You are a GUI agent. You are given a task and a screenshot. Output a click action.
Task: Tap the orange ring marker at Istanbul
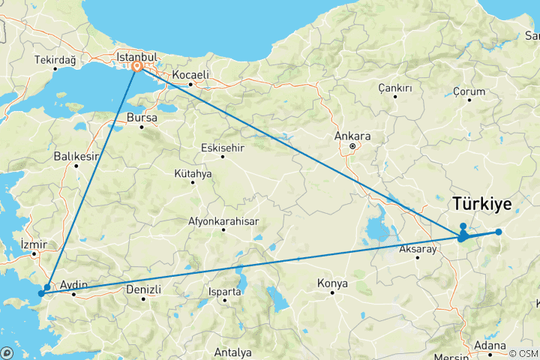pos(138,67)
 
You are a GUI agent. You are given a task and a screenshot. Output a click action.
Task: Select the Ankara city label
pos(352,137)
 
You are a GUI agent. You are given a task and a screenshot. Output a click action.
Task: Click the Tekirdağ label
pos(55,59)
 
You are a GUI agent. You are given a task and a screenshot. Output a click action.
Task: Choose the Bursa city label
pos(142,118)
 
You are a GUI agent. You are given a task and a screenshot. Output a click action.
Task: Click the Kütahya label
pos(193,173)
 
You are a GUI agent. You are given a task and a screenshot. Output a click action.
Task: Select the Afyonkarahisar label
pos(223,221)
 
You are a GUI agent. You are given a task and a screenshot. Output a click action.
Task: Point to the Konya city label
pos(332,283)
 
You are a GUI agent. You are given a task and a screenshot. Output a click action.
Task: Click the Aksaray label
pos(418,248)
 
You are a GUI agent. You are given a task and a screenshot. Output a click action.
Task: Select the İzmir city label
pos(34,245)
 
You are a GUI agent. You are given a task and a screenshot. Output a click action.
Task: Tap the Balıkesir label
pos(76,157)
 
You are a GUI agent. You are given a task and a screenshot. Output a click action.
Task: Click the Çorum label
pos(470,91)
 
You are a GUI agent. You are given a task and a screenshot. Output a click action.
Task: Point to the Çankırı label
pos(395,88)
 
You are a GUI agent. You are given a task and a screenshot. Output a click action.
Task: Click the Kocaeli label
pos(190,76)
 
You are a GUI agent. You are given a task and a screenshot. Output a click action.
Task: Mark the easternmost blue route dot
pos(498,232)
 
